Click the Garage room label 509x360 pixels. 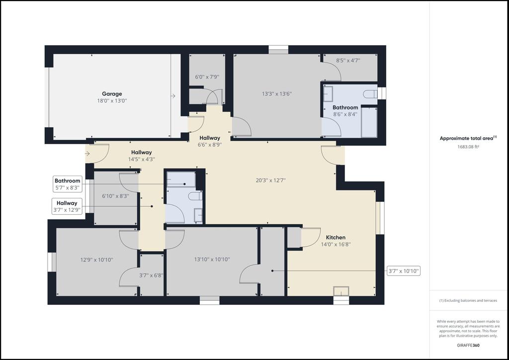112,94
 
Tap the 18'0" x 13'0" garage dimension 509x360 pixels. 112,100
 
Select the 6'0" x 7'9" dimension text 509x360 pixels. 207,77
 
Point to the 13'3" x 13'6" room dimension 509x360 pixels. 277,94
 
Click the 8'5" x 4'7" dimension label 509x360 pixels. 348,60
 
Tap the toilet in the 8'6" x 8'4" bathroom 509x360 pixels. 370,94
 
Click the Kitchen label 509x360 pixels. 336,237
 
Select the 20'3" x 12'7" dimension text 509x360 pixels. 270,180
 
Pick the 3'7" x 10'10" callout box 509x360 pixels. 404,270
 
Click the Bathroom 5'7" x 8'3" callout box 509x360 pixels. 67,184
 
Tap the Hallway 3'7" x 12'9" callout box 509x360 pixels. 67,206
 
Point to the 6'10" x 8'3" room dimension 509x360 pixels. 115,196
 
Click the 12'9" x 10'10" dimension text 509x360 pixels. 97,260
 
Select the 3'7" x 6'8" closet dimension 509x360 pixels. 151,275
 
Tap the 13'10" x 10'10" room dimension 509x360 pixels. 212,260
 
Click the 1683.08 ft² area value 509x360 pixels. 468,146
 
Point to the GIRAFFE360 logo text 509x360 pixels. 468,345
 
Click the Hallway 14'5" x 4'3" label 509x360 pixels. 142,156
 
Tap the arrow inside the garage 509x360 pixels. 173,96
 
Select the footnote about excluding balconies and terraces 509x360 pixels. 468,301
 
